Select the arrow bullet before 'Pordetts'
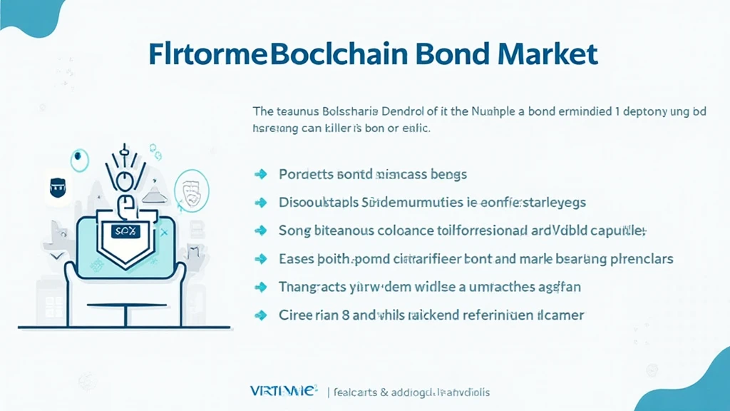tap(261, 174)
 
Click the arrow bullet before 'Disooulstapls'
tap(261, 203)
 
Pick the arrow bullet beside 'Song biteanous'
tap(261, 230)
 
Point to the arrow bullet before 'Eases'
tap(261, 258)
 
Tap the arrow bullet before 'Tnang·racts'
tap(261, 287)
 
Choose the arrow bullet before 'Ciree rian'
tap(261, 315)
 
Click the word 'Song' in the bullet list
tap(294, 230)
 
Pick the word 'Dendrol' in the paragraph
tap(403, 111)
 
